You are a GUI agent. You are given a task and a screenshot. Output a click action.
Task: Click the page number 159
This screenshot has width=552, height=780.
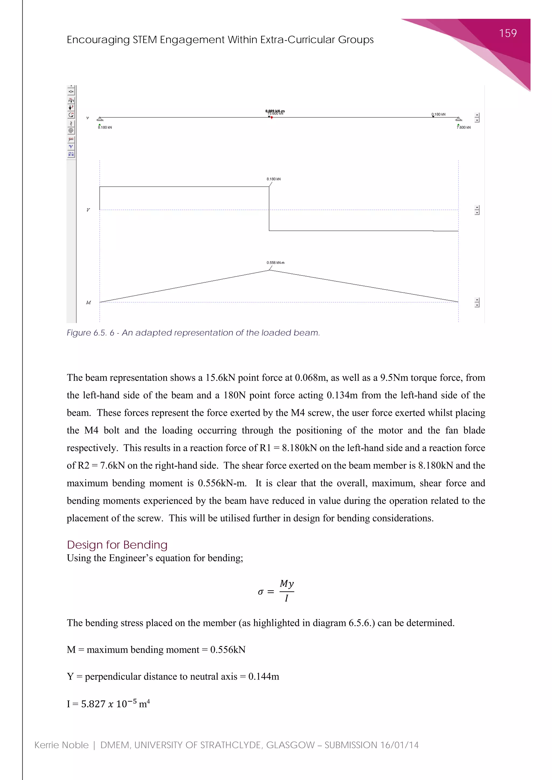508,33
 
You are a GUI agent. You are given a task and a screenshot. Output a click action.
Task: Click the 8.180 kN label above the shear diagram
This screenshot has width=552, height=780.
273,179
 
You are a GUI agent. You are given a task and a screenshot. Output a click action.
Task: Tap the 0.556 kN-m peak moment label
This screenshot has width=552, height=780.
275,263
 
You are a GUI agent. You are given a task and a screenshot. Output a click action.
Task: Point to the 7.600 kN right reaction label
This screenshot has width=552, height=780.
464,127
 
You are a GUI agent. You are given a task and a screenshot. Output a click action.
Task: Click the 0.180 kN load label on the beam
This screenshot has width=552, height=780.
439,114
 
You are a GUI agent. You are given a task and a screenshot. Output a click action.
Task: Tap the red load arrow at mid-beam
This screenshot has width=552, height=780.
272,117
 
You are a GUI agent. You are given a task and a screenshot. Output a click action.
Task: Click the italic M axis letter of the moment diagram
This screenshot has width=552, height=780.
88,302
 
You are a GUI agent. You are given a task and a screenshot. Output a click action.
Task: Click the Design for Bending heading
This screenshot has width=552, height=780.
117,545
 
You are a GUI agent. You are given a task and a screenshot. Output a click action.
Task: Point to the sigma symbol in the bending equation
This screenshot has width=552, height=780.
260,592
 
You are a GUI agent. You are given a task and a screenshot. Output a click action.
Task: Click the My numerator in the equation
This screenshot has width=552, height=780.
287,584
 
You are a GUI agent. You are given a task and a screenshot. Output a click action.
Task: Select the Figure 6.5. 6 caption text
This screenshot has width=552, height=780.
193,333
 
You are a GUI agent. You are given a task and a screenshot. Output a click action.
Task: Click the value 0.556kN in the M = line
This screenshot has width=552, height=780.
227,650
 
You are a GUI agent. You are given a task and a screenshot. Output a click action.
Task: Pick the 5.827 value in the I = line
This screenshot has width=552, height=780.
93,704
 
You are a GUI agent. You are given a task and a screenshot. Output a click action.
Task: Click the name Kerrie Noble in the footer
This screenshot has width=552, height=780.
61,745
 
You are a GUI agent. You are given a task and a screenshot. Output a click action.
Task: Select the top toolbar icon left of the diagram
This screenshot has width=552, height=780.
71,91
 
